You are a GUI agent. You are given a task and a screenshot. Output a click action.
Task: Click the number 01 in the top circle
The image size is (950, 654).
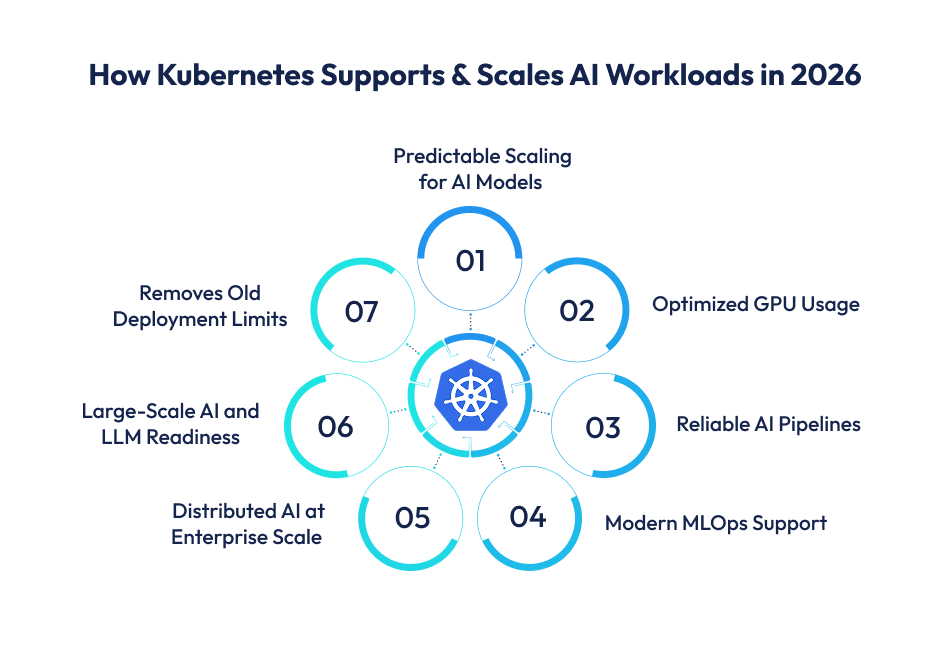click(x=470, y=261)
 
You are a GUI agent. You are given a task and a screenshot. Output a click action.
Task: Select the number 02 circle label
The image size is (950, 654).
click(x=577, y=311)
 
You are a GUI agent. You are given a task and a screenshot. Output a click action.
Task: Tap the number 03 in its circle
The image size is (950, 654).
click(x=603, y=427)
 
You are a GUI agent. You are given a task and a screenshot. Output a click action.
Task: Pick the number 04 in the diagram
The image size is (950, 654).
click(x=527, y=517)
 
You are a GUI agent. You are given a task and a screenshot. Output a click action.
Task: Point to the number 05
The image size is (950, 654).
click(x=412, y=518)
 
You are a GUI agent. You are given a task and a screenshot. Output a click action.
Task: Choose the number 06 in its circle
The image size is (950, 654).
click(x=336, y=427)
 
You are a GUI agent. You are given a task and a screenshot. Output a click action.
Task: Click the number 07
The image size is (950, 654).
click(x=361, y=312)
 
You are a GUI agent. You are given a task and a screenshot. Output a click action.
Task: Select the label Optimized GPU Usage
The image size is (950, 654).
click(x=755, y=304)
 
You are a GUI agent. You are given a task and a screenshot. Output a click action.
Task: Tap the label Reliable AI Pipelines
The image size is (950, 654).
click(x=768, y=424)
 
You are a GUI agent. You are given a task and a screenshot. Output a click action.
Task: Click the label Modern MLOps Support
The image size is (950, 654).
click(x=715, y=522)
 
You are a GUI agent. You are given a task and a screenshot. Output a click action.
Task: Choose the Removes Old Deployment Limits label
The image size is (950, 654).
click(x=199, y=306)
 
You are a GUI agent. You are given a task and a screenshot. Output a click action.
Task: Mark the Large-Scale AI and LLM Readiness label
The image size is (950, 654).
click(x=170, y=423)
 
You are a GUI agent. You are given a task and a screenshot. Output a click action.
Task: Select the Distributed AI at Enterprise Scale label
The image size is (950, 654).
click(x=247, y=523)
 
